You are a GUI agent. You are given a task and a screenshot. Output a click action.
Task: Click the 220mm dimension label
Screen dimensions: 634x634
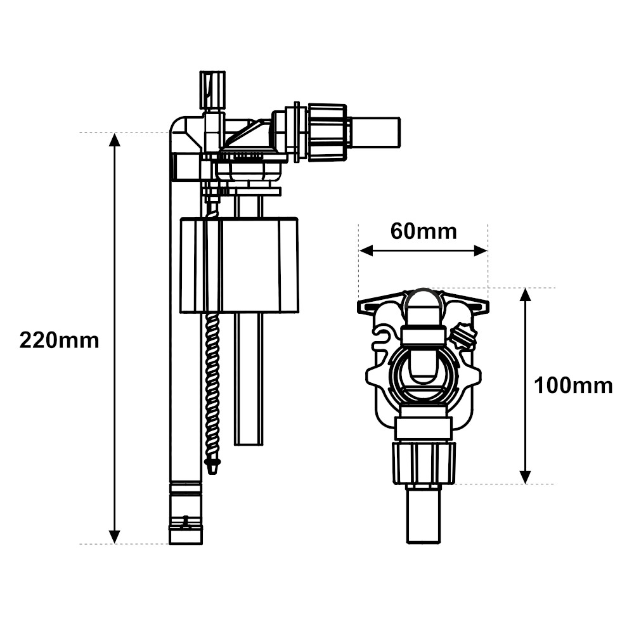59,340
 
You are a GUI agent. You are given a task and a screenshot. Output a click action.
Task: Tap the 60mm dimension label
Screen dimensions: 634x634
424,231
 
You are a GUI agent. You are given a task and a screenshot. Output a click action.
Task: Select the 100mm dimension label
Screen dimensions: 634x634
573,385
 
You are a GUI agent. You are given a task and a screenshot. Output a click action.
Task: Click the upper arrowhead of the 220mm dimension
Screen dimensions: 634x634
115,139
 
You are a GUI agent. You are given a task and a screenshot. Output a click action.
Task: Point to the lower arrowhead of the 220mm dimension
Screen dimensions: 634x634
115,537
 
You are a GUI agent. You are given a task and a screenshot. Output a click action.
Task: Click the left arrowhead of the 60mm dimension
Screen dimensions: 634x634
366,251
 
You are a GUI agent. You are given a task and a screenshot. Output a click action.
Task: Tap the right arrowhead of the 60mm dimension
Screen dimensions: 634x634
481,251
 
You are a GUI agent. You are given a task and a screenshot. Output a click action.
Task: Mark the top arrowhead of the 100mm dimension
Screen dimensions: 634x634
525,295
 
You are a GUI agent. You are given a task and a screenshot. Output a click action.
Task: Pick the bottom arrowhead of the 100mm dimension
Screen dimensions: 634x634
525,477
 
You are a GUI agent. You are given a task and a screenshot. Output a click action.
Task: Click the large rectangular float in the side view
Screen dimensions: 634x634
239,265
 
